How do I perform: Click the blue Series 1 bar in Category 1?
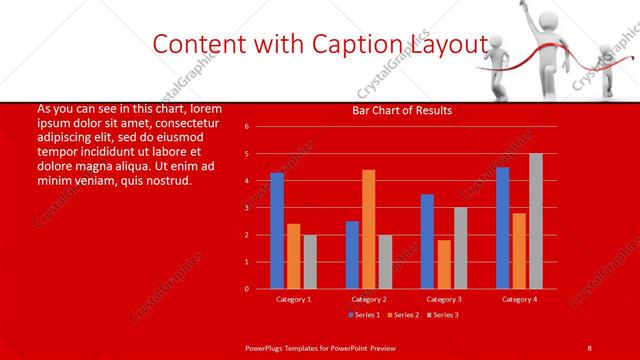click(277, 231)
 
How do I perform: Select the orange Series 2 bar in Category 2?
click(369, 229)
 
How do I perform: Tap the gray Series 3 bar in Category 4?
click(536, 221)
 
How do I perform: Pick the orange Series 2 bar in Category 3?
click(444, 264)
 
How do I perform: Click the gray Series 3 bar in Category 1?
click(310, 261)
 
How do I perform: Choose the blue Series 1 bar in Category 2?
click(352, 255)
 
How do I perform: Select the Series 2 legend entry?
click(401, 315)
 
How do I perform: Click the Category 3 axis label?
click(443, 299)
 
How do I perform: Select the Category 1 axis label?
click(294, 299)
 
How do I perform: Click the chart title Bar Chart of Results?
click(403, 110)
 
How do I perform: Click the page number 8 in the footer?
click(589, 346)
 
